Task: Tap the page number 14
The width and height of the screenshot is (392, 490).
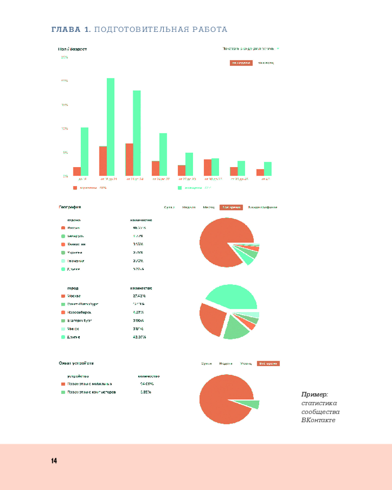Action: point(54,461)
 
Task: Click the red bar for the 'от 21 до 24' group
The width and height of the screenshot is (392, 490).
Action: point(129,159)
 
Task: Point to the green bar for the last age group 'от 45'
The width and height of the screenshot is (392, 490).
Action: point(268,169)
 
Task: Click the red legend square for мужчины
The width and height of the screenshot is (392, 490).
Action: point(75,188)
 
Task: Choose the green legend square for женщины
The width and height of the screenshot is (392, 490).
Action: point(180,188)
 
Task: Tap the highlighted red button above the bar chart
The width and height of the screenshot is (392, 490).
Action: point(241,63)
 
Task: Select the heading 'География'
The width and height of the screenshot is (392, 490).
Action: point(70,207)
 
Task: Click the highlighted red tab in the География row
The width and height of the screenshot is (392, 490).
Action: point(231,207)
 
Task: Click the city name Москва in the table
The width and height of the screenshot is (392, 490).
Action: point(74,296)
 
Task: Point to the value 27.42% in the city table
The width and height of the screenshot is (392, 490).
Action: point(139,296)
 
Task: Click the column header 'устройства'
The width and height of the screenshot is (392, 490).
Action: point(78,376)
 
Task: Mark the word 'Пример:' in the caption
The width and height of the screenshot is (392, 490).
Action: point(315,394)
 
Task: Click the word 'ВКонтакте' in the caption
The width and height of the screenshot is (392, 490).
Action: point(318,420)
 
